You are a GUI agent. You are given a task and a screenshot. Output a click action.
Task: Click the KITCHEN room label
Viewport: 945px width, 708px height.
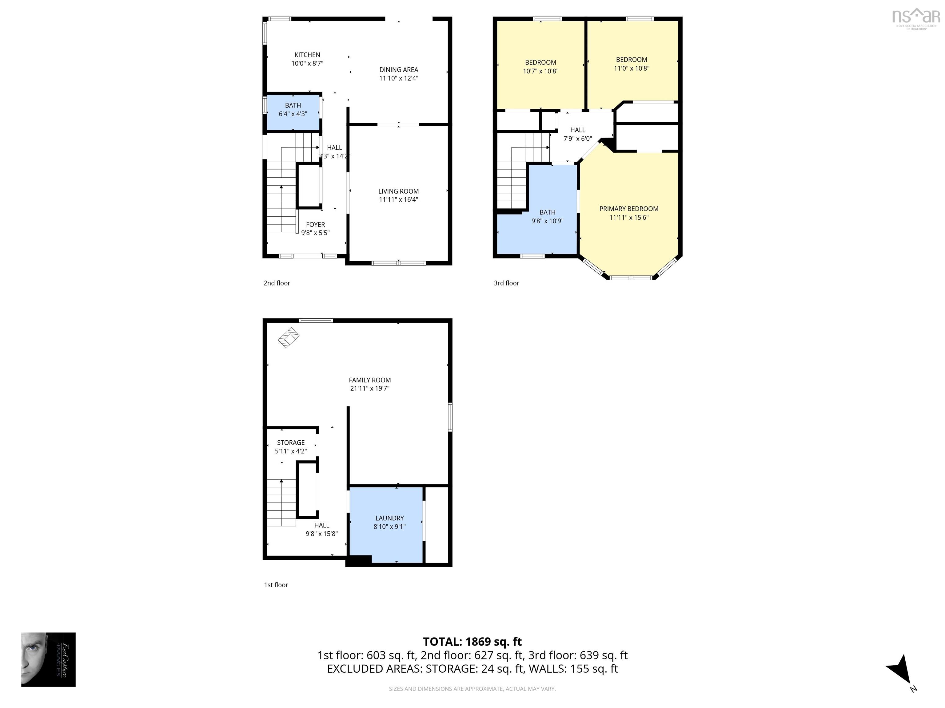(x=307, y=55)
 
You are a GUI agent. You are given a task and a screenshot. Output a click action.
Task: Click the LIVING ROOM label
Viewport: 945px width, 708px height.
(x=398, y=191)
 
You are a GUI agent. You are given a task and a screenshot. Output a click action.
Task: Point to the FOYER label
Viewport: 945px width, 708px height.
(x=315, y=225)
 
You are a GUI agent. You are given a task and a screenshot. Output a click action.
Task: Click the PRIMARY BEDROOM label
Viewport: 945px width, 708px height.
(x=628, y=209)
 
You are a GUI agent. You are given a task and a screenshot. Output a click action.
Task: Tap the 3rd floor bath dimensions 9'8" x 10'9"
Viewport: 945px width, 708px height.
(x=547, y=221)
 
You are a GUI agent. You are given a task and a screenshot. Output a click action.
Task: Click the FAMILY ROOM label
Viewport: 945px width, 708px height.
(x=369, y=380)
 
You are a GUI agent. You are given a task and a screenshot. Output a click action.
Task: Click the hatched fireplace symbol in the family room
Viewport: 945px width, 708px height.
(x=288, y=338)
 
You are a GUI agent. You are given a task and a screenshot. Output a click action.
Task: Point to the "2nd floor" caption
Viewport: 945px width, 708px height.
(x=277, y=283)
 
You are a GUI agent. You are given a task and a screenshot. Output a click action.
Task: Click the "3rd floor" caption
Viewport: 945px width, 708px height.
(x=506, y=283)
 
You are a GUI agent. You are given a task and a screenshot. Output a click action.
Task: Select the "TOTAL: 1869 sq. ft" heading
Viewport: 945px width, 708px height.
(x=472, y=641)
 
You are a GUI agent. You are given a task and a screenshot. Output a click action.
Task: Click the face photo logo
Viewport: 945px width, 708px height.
(x=48, y=659)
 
